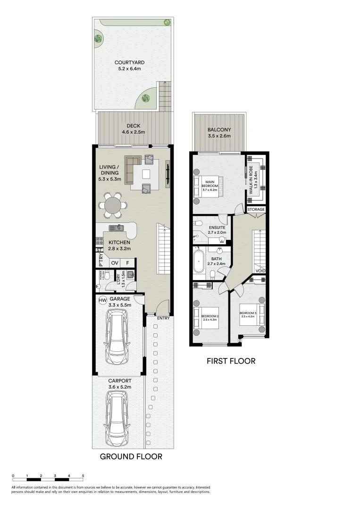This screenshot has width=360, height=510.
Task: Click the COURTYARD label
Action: coord(129,62)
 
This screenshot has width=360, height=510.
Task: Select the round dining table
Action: coord(112,205)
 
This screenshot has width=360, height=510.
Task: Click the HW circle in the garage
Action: coord(102,300)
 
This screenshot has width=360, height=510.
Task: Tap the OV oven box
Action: coord(115,263)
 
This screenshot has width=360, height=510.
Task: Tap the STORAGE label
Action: coord(256,209)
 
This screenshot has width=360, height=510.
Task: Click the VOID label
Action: coord(260,271)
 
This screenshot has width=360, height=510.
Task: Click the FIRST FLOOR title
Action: coord(231,361)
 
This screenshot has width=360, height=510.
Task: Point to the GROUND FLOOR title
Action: coord(131,457)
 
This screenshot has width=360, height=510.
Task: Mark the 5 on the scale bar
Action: coord(83,476)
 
